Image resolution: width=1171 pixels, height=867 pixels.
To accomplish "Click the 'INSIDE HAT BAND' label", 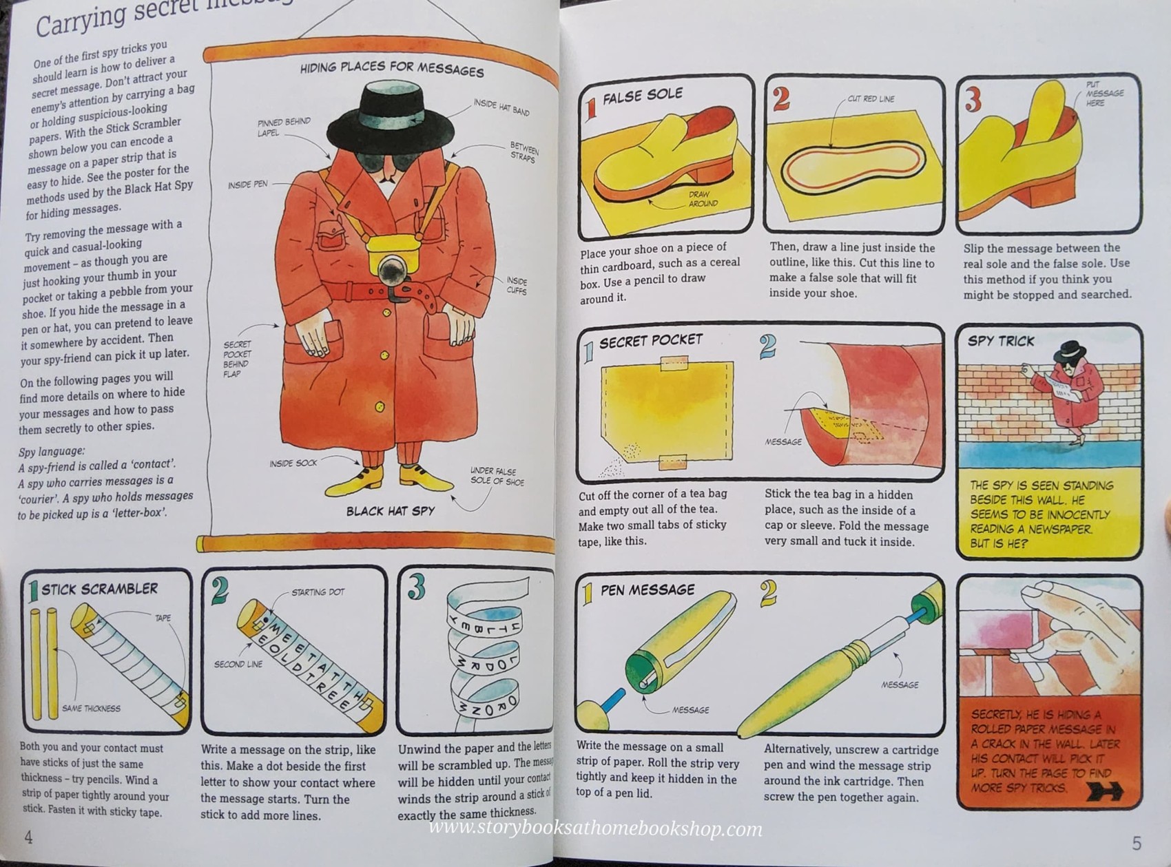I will coord(501,107).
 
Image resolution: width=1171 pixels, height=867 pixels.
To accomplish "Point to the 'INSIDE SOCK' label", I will coord(293,463).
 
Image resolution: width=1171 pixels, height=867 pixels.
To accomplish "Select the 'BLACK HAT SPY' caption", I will coord(390,511).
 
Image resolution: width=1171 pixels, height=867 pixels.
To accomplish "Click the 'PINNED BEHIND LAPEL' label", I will coord(283,127).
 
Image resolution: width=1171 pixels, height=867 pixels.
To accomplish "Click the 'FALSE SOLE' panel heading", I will coord(642,96).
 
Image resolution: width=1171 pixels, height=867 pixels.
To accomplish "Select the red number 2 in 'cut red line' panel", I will coord(780,99).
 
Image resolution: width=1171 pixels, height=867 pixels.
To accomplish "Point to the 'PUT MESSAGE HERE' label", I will coord(1103,94).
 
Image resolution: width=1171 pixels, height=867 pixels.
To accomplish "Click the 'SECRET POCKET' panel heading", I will coord(650,341).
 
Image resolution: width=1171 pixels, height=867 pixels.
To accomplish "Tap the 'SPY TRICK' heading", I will coord(1000,341).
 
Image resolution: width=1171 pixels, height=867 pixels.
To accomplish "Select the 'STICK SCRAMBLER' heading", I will coord(99,589).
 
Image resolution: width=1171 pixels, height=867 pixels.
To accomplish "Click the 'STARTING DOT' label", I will coord(318,592).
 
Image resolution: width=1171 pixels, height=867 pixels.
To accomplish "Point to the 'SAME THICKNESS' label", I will coord(91,708).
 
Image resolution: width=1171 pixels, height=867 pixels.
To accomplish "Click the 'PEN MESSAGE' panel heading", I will coord(647,590).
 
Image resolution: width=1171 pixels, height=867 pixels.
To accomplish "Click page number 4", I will coord(28,837).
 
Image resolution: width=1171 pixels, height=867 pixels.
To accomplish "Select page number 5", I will coord(1137,843).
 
